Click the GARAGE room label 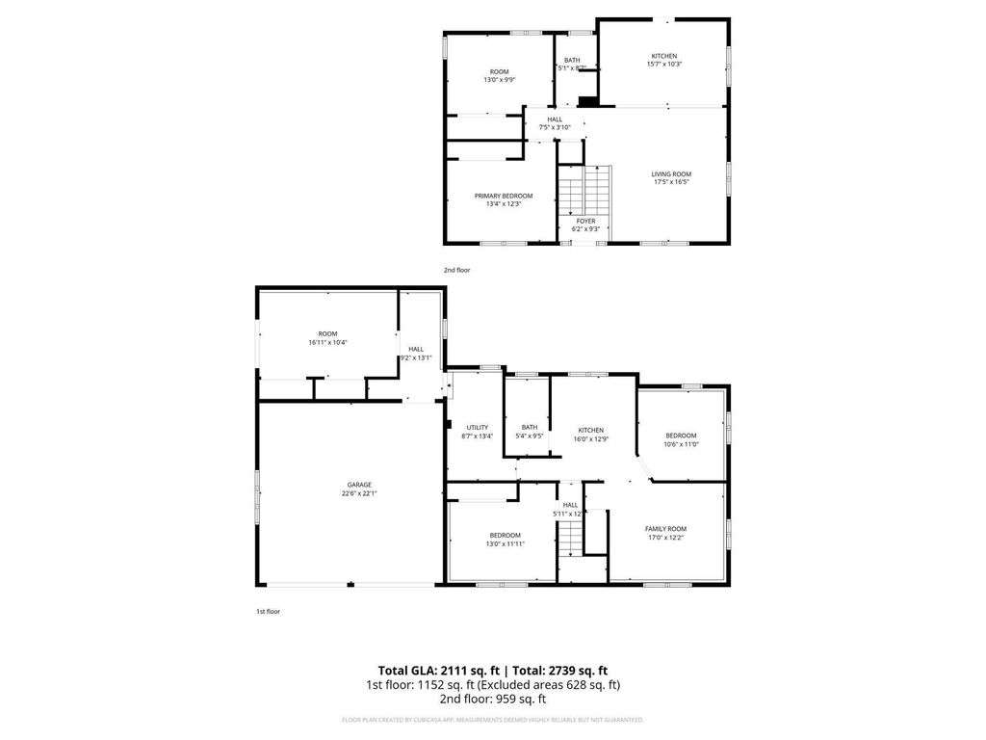359,485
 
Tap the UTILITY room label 478,427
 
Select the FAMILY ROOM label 665,528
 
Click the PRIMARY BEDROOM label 503,196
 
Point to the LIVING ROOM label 671,173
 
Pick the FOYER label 585,221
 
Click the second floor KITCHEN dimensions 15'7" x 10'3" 664,65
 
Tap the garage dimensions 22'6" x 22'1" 359,493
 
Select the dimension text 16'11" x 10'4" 327,342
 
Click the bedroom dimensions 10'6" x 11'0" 681,444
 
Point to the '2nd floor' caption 457,271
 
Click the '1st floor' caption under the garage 268,611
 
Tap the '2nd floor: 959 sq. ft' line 493,699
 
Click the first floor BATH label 530,427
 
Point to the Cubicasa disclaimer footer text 493,720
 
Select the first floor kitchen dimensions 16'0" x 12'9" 590,438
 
